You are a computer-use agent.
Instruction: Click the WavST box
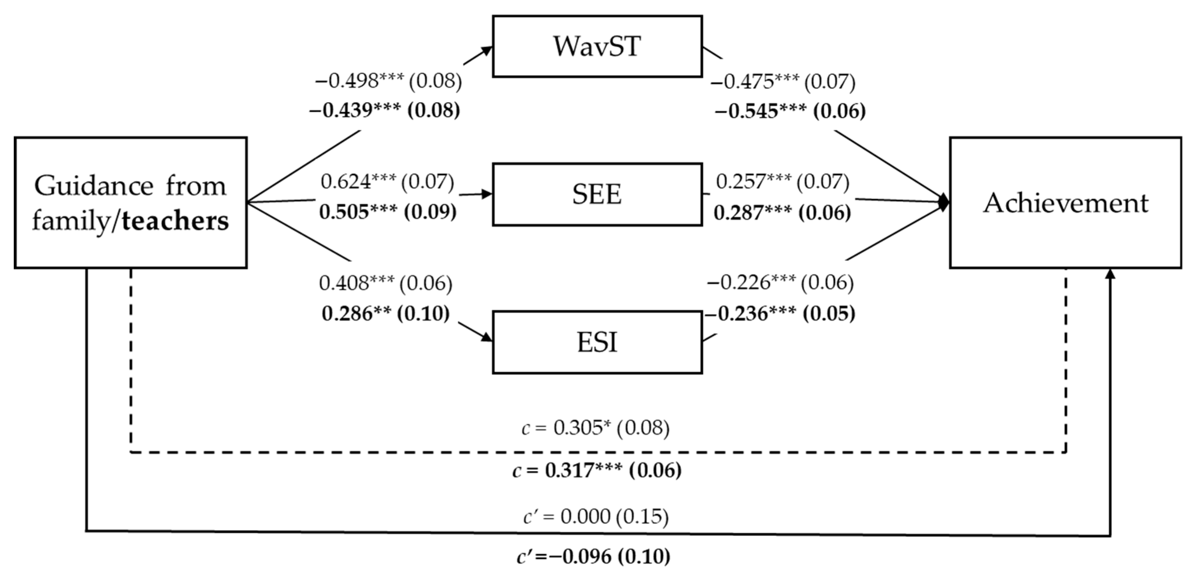(x=597, y=46)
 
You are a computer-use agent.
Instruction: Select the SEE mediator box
(x=597, y=194)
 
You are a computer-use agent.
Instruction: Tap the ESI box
(x=597, y=342)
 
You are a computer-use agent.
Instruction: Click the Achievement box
(x=1066, y=203)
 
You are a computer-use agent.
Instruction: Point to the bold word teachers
(x=175, y=221)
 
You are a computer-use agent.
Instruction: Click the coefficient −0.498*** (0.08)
(x=388, y=81)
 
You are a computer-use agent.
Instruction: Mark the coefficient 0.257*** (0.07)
(x=783, y=182)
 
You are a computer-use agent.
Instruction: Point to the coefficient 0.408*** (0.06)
(x=386, y=283)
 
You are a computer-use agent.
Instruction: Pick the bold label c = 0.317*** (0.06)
(x=597, y=471)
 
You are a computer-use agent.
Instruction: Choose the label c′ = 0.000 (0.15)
(x=596, y=516)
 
